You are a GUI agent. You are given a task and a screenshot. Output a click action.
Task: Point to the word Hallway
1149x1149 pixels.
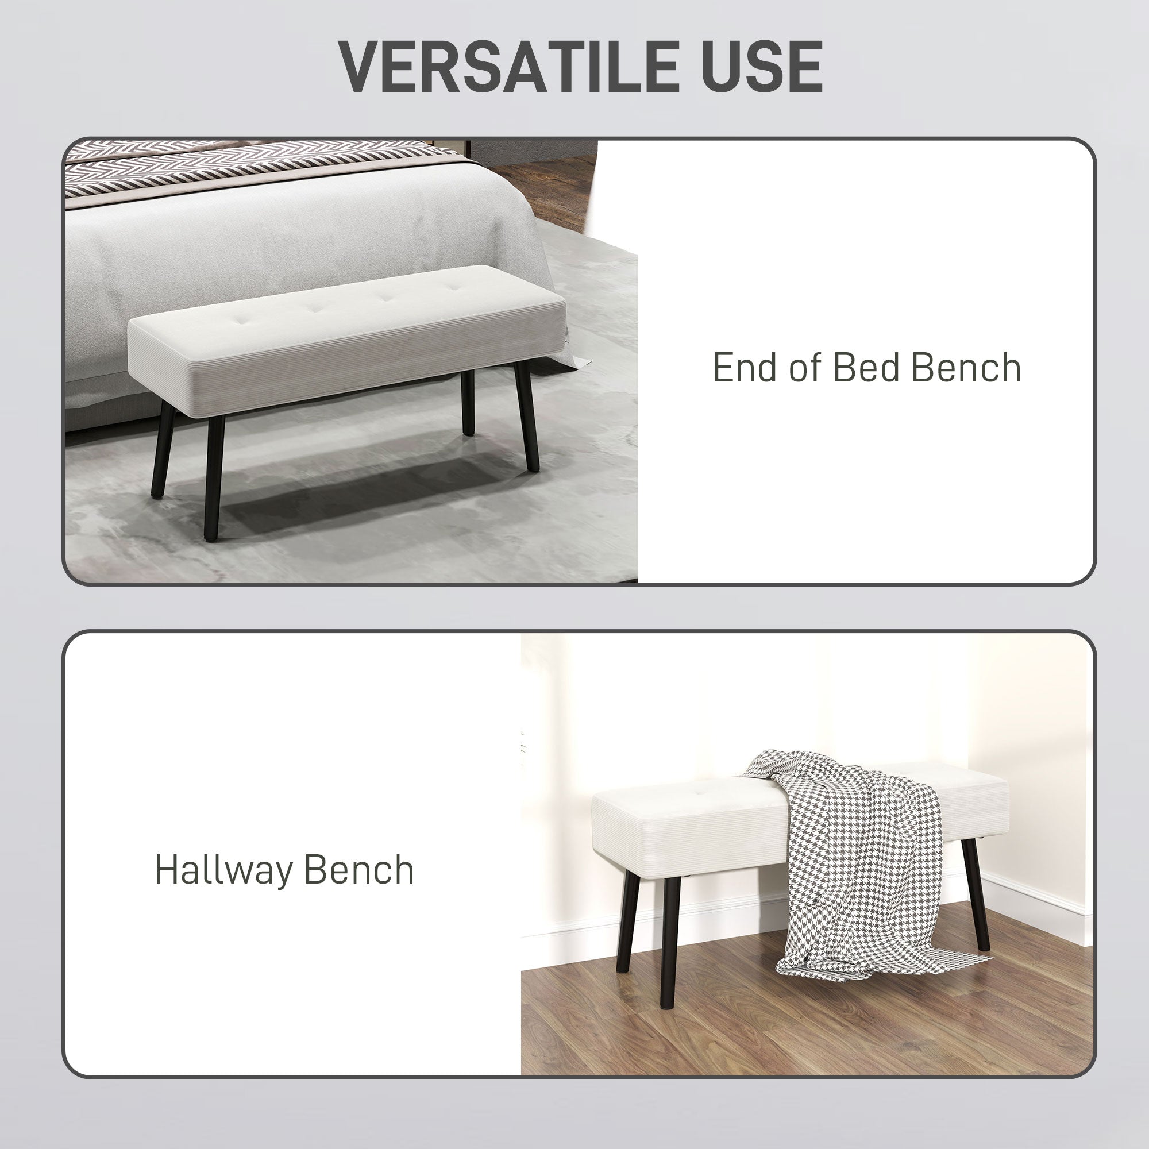pos(218,872)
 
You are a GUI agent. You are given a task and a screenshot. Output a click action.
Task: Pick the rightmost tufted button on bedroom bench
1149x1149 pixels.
pos(456,288)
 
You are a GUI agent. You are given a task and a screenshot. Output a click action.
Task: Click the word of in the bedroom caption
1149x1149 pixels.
pos(805,368)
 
